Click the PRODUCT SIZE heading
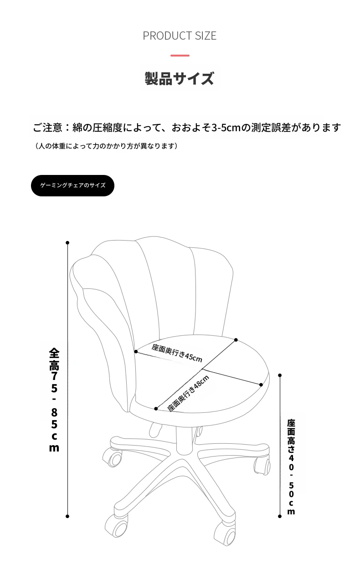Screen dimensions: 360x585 (180, 36)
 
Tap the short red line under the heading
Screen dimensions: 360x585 (180, 56)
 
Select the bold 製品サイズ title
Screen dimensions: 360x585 (180, 78)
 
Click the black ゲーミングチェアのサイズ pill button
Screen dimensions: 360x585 (72, 185)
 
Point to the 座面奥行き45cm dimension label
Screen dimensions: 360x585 (177, 353)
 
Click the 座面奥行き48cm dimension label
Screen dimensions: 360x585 (188, 393)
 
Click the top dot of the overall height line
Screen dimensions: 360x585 (67, 243)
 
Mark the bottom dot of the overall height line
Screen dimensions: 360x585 (67, 516)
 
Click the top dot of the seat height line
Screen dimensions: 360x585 (280, 375)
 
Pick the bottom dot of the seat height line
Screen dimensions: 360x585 (280, 516)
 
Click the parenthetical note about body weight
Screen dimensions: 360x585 (106, 146)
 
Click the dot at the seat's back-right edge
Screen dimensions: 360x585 (236, 340)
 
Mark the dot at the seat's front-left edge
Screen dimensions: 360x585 (156, 409)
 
